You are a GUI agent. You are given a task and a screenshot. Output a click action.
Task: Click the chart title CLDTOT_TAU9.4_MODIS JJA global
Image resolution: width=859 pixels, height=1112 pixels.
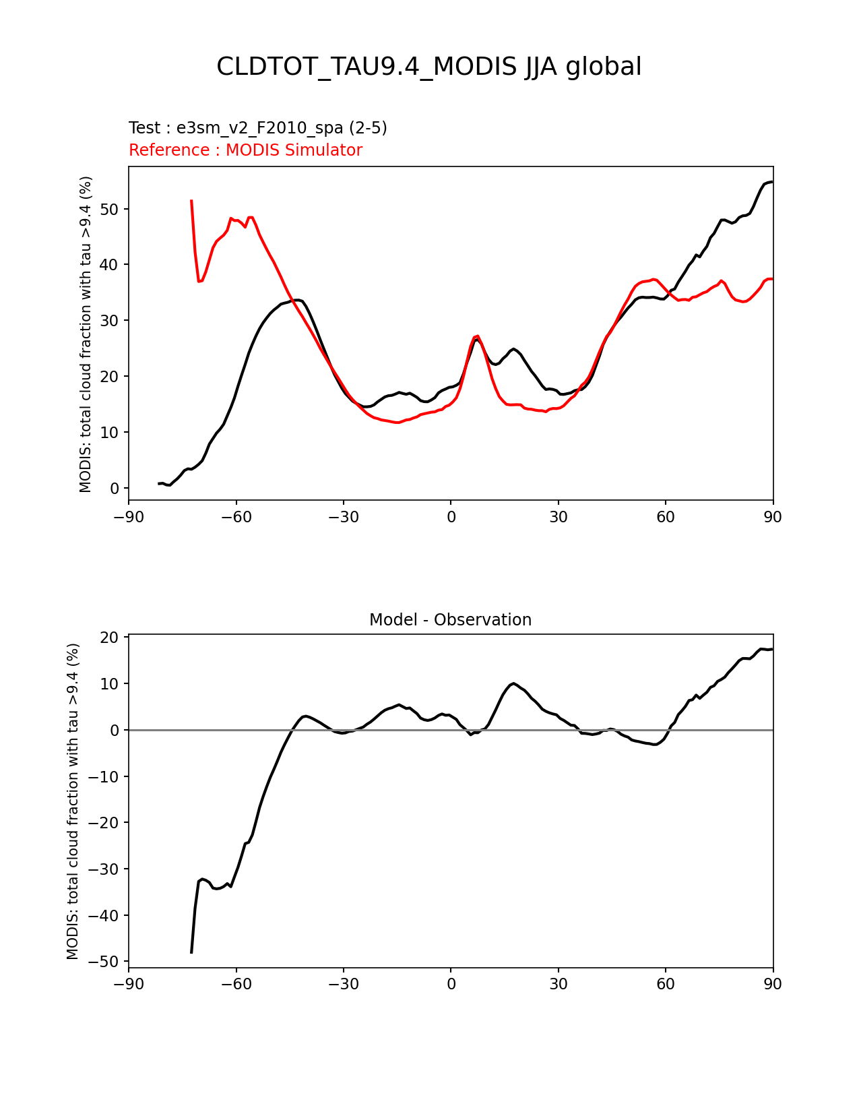click(428, 67)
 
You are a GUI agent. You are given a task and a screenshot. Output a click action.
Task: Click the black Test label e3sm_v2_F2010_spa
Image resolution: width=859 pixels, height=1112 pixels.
click(257, 128)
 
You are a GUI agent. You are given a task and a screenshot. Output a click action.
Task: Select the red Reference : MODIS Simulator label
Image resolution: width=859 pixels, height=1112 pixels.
click(245, 150)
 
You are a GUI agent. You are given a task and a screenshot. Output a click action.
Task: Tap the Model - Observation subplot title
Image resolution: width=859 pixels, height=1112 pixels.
click(450, 620)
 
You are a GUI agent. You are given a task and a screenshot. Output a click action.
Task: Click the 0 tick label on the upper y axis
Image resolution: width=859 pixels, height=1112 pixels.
click(115, 488)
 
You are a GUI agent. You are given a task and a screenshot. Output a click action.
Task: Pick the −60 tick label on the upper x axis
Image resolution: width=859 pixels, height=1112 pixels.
click(236, 517)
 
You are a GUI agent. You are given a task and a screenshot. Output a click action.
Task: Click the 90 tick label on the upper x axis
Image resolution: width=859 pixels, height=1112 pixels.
click(773, 517)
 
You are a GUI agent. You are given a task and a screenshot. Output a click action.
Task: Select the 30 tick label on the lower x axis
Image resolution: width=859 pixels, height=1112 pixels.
click(558, 985)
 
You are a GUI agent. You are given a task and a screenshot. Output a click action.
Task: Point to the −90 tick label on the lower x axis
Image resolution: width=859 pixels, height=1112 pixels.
click(129, 985)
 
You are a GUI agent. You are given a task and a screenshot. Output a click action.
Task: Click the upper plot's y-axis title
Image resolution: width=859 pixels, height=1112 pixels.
click(86, 334)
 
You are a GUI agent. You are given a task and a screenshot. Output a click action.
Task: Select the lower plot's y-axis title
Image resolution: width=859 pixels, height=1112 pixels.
click(73, 801)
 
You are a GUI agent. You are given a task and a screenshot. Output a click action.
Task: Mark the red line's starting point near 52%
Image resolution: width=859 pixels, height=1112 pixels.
click(191, 201)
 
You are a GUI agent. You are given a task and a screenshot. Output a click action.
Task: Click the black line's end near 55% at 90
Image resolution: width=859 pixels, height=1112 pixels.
click(772, 182)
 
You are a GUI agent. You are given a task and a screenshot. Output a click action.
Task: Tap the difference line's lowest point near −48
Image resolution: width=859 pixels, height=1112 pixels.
click(191, 952)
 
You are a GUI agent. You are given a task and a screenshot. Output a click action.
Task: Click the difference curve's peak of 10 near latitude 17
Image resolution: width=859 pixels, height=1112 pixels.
click(513, 683)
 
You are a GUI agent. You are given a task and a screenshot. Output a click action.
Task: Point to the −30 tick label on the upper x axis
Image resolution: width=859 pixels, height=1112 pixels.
click(343, 517)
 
